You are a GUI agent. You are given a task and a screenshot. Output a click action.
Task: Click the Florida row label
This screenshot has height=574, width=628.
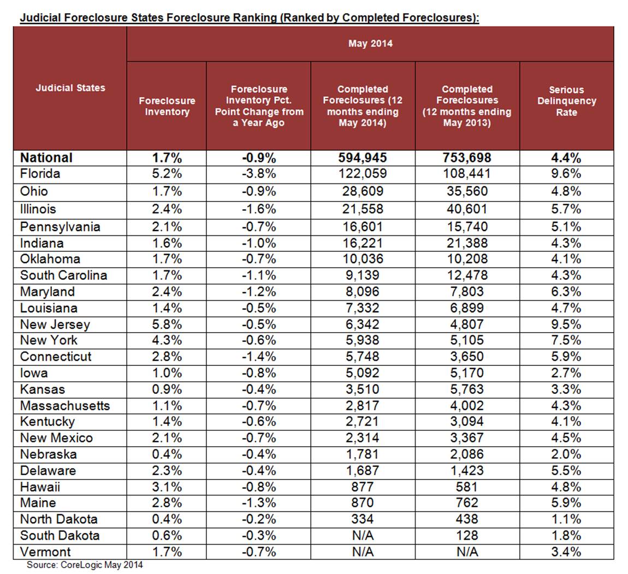pos(40,174)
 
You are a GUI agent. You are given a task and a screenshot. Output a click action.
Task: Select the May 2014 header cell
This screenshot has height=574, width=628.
pos(370,44)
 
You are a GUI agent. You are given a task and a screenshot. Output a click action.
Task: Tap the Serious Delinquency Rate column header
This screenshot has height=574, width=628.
pos(566,101)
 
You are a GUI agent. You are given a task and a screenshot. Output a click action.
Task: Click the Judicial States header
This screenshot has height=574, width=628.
pos(70,87)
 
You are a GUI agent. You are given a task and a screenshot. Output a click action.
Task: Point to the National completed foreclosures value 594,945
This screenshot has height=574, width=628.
pos(363,158)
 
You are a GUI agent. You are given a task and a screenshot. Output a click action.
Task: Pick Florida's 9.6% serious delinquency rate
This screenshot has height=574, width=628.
pos(566,174)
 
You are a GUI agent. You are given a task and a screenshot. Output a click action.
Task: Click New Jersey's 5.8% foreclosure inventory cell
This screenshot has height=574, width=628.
pos(167,324)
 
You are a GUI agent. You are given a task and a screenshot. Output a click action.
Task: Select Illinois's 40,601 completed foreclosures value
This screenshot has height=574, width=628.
pos(467,209)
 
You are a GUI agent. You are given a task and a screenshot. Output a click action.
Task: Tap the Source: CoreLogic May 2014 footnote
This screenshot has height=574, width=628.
pos(85,565)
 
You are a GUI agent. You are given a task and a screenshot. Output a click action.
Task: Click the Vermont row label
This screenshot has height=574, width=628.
pos(45,552)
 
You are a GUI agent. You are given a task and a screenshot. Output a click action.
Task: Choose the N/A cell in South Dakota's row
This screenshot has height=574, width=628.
pos(363,535)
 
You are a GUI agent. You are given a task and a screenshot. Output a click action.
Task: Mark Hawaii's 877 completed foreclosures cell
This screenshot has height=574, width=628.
pos(363,487)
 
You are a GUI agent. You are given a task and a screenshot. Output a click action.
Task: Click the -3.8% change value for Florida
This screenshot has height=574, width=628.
pos(258,174)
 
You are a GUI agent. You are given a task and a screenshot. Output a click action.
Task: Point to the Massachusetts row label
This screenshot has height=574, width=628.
pos(65,405)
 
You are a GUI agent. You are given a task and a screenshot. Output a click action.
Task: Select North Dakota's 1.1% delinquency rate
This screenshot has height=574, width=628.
pos(566,519)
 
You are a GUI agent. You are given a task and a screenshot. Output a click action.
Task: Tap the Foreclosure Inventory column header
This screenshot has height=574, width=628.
pos(167,106)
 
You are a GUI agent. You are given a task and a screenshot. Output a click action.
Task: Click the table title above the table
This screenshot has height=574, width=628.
pos(250,17)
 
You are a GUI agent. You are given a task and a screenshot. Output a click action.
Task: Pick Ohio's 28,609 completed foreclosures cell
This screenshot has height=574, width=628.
pos(363,191)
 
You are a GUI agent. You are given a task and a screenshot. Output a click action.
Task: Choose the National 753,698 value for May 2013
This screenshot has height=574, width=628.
pos(467,158)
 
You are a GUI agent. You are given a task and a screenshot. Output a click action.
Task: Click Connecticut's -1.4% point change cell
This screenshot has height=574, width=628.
pos(258,357)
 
